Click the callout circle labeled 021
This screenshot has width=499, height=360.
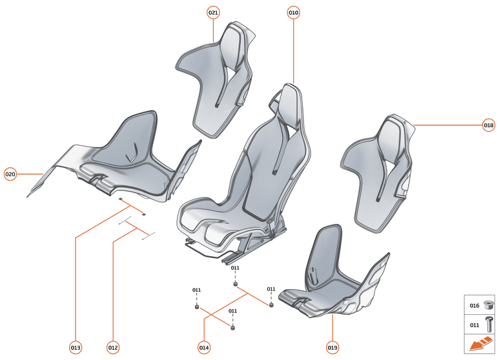(x=214, y=12)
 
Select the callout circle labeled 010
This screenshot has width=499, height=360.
(x=294, y=12)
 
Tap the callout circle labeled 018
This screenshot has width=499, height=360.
(x=489, y=125)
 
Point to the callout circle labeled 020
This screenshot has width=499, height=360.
(x=10, y=174)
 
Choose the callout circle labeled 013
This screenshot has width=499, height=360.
(x=76, y=348)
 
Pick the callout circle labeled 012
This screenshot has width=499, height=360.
(x=113, y=348)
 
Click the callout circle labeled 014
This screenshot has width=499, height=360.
(x=204, y=348)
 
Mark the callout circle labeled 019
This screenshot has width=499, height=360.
(x=332, y=348)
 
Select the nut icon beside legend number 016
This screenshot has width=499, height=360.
(x=489, y=305)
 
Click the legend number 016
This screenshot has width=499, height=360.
(x=474, y=305)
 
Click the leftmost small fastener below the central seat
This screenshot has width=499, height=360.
(x=196, y=306)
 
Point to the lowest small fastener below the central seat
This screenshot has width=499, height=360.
(x=233, y=327)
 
